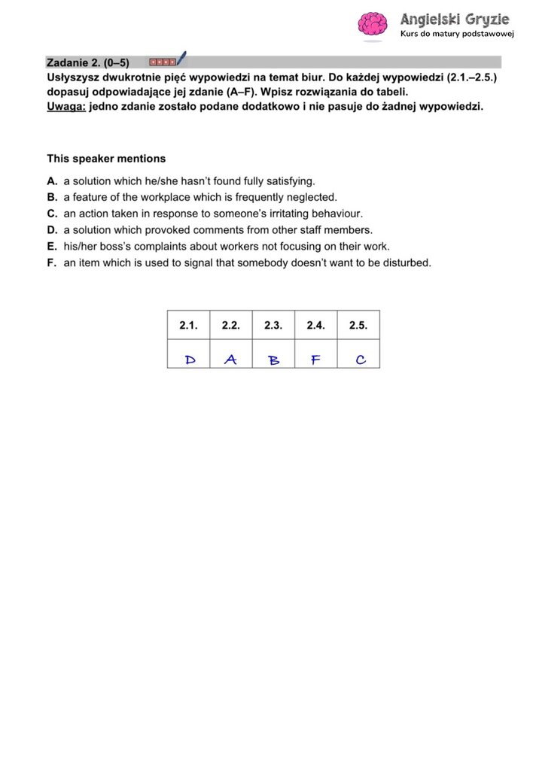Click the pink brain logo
[x=372, y=23]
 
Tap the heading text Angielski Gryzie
[x=454, y=19]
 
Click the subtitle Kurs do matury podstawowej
[x=456, y=35]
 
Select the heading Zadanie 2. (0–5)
[x=87, y=62]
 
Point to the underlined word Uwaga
[x=65, y=106]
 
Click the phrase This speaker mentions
[x=106, y=159]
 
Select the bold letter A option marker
[x=51, y=181]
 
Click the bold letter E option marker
[x=51, y=246]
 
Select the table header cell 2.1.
[x=188, y=325]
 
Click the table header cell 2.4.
[x=315, y=325]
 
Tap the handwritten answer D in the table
[x=190, y=360]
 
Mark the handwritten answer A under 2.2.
[x=230, y=360]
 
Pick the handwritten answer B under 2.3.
[x=274, y=360]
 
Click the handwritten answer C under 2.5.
[x=360, y=360]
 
